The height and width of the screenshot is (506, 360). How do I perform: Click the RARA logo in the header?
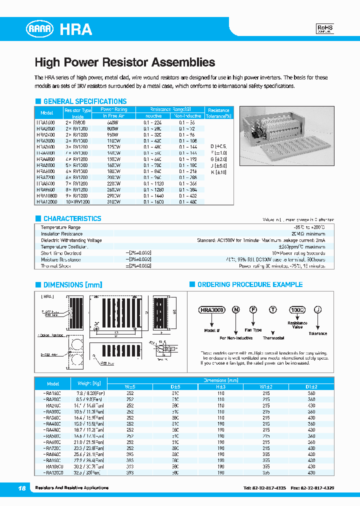click(39, 29)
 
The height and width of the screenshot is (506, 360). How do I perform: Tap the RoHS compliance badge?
click(325, 28)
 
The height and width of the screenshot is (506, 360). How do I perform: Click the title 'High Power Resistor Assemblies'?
click(124, 62)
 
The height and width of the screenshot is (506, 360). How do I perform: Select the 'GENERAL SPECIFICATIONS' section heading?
click(84, 101)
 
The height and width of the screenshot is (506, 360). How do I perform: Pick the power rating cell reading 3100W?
click(114, 202)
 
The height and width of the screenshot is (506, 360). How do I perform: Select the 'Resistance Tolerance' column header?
click(218, 113)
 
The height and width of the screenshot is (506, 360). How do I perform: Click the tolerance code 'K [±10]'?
click(219, 172)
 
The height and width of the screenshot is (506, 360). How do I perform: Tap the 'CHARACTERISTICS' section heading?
click(72, 218)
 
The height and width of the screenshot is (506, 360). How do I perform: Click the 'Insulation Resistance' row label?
click(61, 234)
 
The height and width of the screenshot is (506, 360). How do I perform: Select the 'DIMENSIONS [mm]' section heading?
click(72, 284)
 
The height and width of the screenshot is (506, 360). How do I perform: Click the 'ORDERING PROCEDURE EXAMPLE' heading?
click(249, 284)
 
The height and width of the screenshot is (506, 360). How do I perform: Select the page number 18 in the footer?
click(21, 487)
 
